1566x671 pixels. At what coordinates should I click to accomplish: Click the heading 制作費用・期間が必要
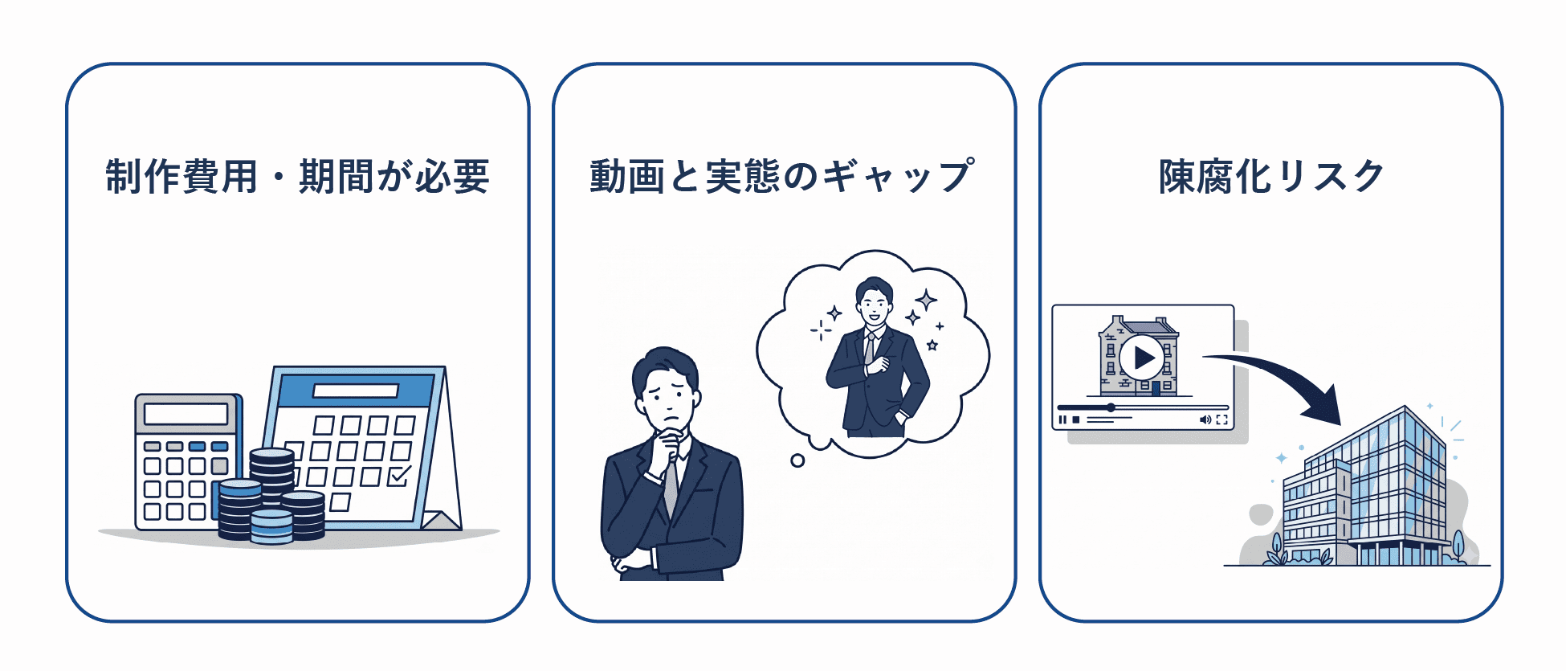tap(297, 176)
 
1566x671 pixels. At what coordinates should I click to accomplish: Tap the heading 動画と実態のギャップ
tap(782, 176)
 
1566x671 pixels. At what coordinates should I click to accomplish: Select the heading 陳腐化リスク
tap(1271, 176)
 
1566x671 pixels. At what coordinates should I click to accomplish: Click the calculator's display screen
tap(186, 414)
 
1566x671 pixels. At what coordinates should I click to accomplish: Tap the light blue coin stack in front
tap(271, 526)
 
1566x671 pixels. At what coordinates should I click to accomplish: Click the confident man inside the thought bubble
tap(875, 358)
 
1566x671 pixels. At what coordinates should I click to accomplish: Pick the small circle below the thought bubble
tap(797, 460)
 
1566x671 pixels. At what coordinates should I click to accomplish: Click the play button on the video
tap(1142, 357)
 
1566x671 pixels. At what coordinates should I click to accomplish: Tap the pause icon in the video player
tap(1062, 419)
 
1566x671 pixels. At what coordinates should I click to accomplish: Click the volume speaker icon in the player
tap(1205, 419)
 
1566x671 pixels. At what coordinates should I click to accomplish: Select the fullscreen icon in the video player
tap(1221, 419)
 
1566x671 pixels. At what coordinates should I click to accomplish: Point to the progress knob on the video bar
tap(1111, 407)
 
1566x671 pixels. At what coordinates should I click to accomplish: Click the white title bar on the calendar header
tap(356, 391)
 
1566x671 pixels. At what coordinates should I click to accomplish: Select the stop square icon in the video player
tap(1076, 419)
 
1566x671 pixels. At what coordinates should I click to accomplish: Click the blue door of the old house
tap(1156, 388)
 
